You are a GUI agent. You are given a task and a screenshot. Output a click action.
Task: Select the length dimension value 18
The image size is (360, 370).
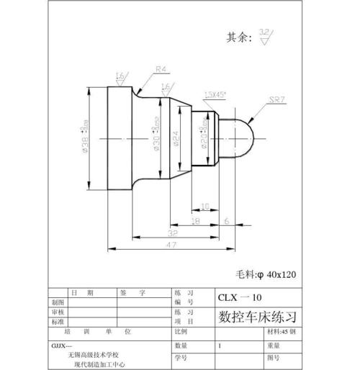pyautogui.click(x=195, y=221)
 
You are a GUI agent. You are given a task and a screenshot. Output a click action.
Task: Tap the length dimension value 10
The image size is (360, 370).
pyautogui.click(x=204, y=207)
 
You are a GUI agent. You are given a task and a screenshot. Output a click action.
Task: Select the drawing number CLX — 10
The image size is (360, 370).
pyautogui.click(x=240, y=297)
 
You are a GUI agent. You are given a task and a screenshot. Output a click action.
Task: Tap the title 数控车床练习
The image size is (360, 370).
pyautogui.click(x=256, y=316)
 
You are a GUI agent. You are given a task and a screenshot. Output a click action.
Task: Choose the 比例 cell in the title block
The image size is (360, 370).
pyautogui.click(x=181, y=332)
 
